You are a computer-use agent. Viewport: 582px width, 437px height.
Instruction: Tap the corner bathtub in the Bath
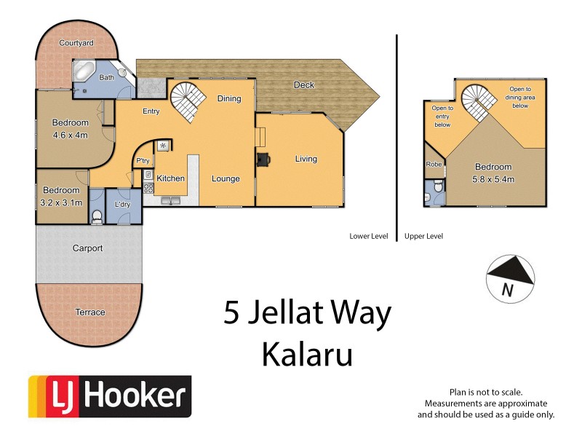point(82,73)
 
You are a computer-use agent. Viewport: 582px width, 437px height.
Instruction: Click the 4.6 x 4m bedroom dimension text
point(71,135)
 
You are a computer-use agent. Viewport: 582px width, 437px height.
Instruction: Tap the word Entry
point(151,111)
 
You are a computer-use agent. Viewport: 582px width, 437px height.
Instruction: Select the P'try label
point(143,161)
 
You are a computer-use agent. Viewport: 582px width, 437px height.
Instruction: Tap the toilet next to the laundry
point(96,215)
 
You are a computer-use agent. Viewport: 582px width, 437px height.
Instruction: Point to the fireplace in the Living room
point(261,158)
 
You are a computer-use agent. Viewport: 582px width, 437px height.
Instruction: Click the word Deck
point(304,85)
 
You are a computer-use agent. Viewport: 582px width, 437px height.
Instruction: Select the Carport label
point(87,248)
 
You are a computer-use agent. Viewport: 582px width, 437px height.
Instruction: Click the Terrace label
point(90,312)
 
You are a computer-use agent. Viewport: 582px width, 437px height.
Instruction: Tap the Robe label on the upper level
point(434,165)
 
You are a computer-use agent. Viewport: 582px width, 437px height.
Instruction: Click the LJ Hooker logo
point(110,397)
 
